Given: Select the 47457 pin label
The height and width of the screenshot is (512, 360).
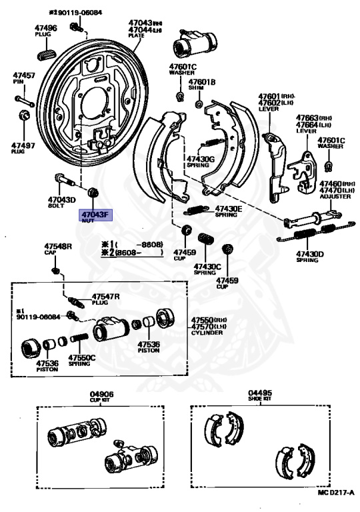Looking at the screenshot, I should [24, 76].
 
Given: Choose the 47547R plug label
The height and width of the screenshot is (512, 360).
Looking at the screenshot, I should [105, 296].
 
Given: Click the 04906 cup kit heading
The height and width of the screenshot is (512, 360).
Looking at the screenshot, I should [102, 393].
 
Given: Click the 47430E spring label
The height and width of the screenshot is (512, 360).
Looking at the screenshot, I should [229, 209].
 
